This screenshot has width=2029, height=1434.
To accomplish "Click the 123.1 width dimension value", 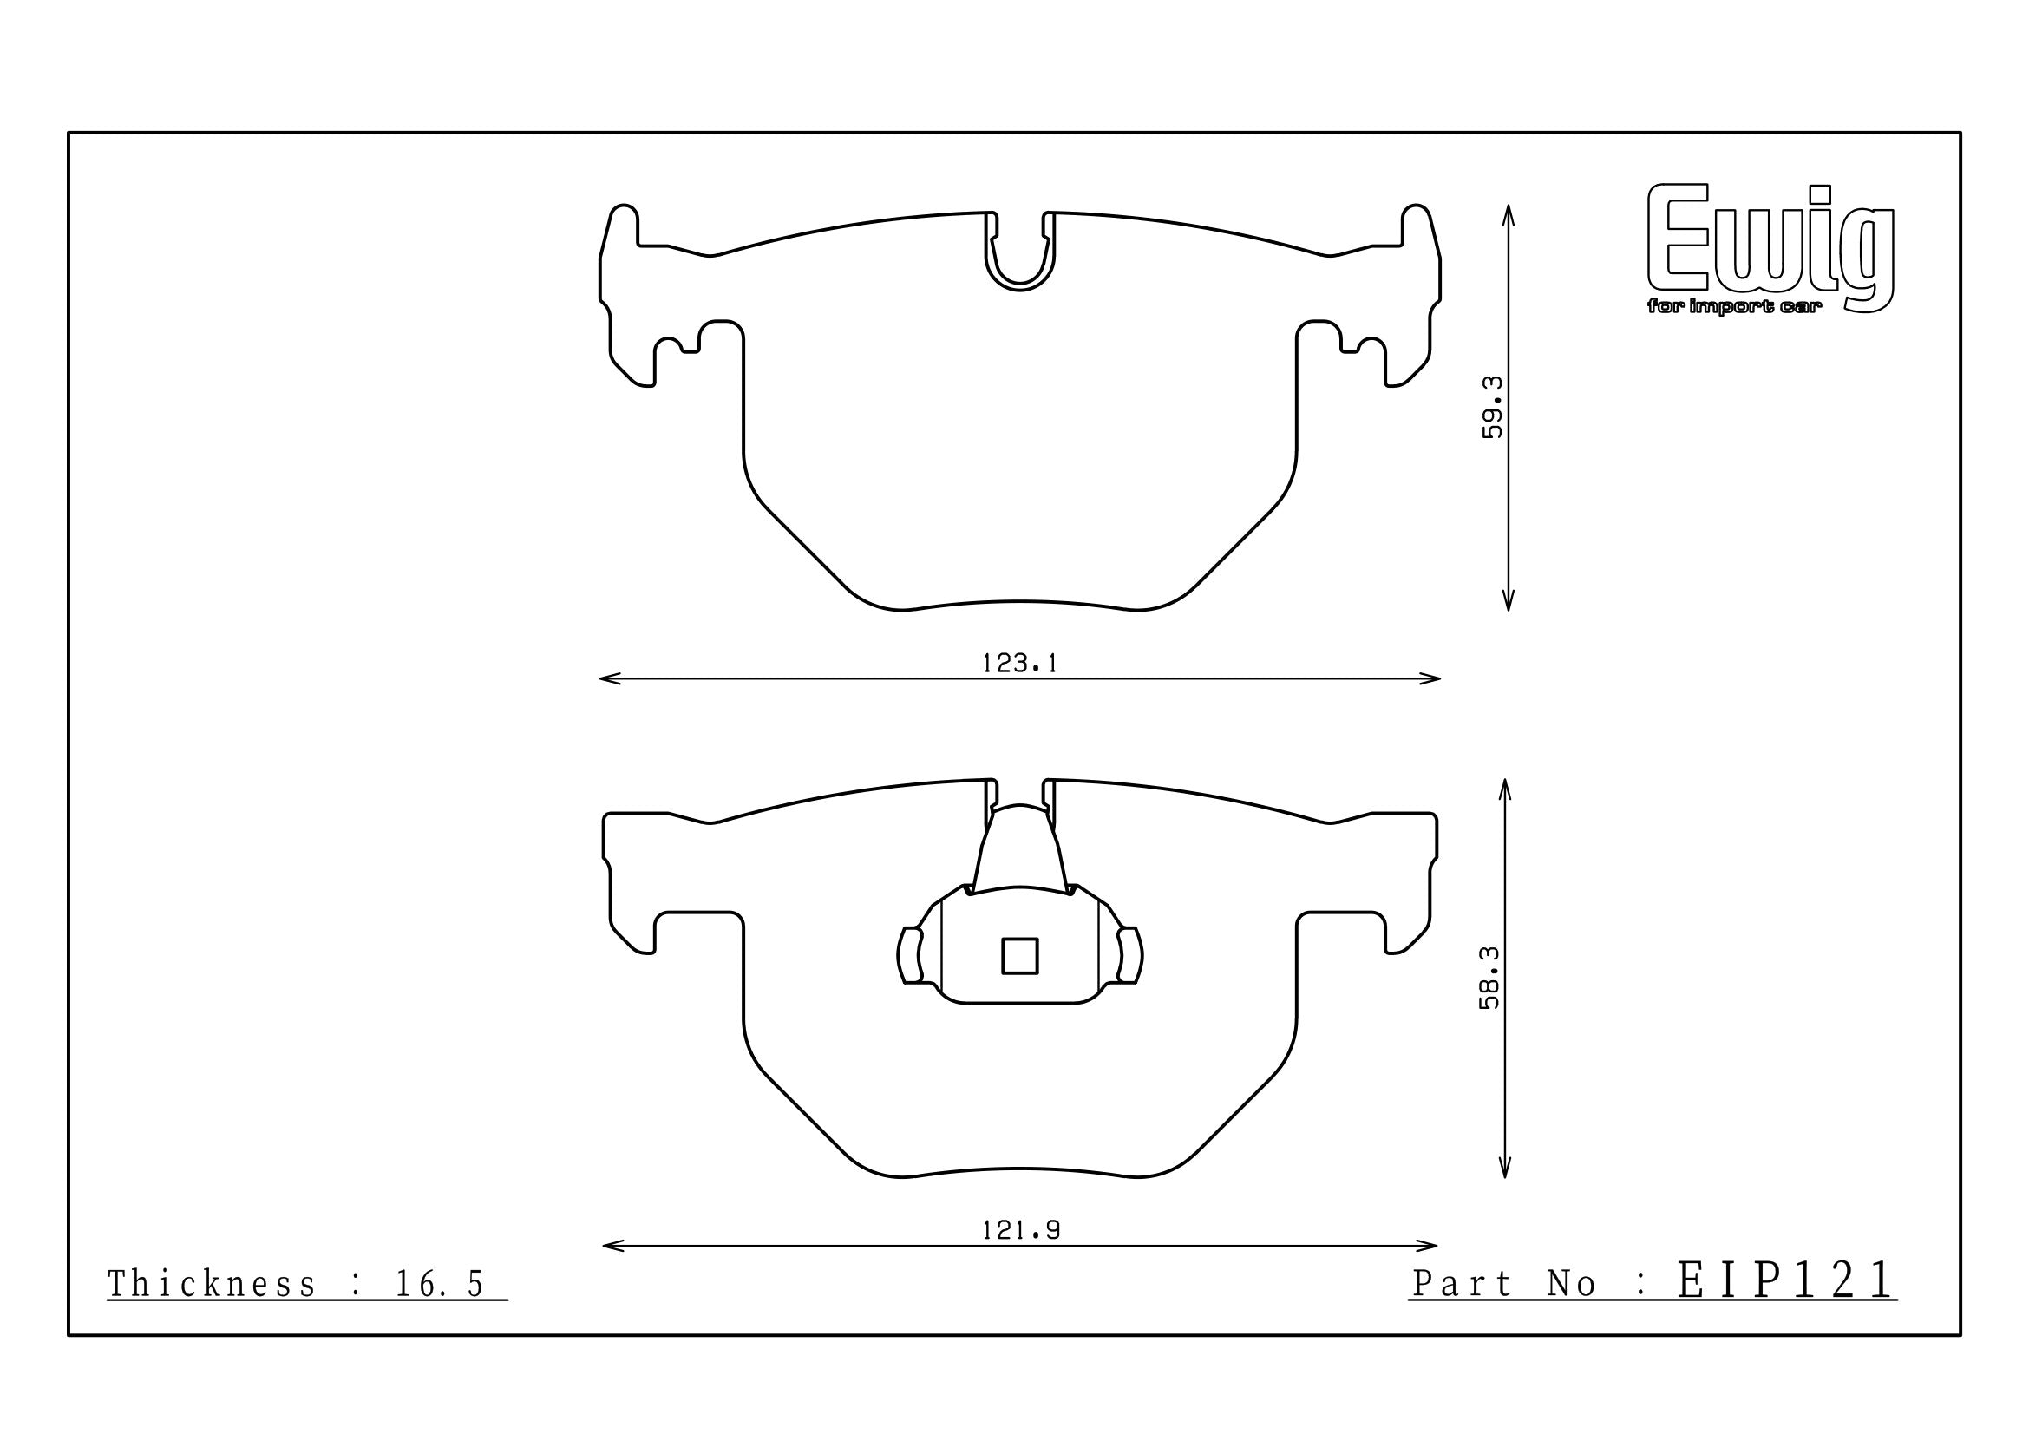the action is click(x=1020, y=664).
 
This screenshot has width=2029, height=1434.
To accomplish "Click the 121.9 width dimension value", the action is click(x=1021, y=1230).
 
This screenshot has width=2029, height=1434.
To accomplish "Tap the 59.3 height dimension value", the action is click(x=1492, y=408).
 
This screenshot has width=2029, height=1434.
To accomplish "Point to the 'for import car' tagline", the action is click(x=1734, y=307).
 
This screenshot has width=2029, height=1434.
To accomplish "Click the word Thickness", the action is click(x=211, y=1284).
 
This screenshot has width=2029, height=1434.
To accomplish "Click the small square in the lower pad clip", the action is click(x=1020, y=956).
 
